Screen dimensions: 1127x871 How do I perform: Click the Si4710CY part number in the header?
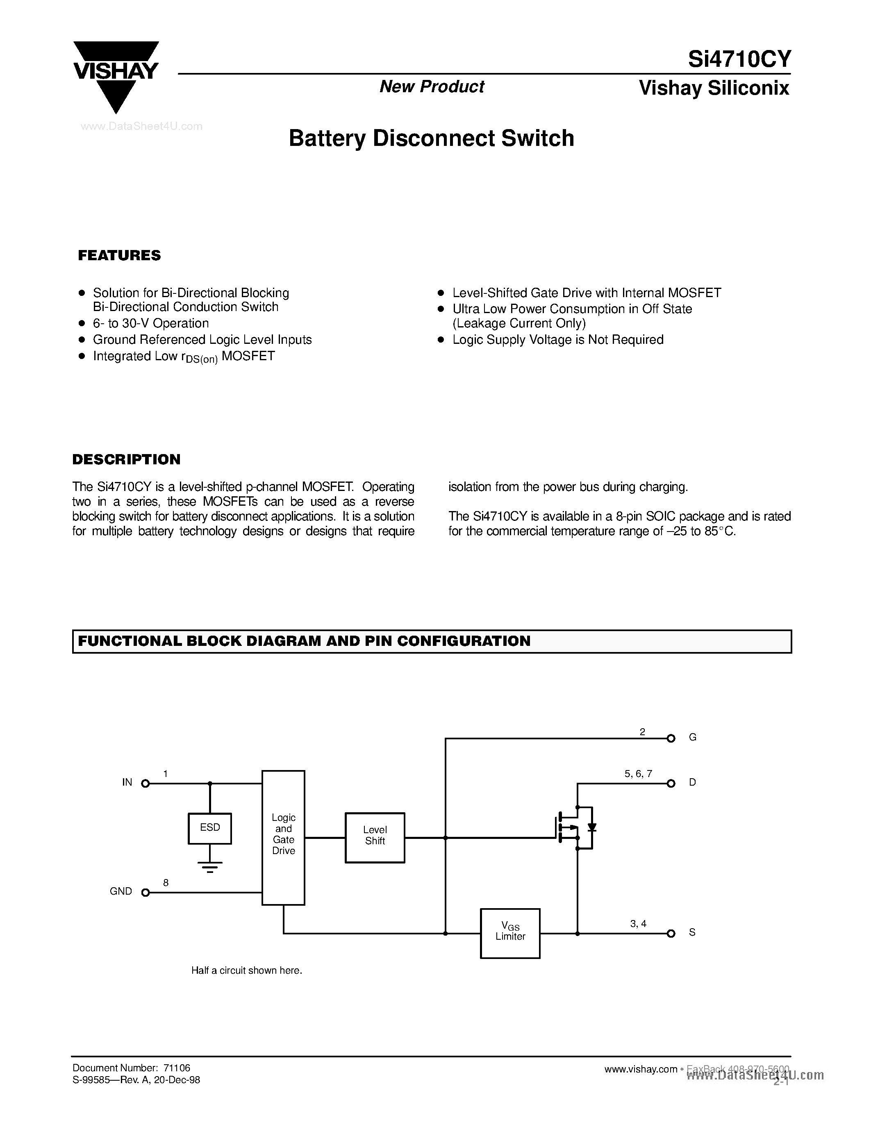739,60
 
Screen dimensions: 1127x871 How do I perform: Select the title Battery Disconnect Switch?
431,138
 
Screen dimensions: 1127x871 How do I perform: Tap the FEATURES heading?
119,255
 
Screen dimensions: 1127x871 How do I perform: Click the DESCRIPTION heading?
126,459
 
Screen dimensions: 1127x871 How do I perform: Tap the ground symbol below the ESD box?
209,866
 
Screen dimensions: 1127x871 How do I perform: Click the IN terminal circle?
146,783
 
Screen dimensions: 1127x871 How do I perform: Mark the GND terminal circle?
146,892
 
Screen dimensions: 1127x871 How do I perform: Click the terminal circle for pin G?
671,738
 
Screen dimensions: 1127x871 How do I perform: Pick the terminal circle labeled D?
671,783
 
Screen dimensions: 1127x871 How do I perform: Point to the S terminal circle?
671,933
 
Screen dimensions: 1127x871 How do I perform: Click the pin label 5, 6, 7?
638,773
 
